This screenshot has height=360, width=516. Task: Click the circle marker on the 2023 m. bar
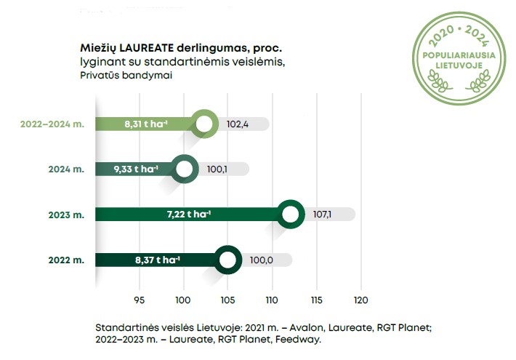[x=291, y=215]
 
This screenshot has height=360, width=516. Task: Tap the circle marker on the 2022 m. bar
[x=228, y=260]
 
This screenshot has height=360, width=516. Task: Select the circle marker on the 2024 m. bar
[x=185, y=169]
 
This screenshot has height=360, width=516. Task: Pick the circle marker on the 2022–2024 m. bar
[x=205, y=124]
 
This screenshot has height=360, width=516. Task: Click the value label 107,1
[x=322, y=215]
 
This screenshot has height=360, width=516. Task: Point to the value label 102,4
[x=238, y=124]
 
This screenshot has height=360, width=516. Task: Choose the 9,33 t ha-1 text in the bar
[x=136, y=169]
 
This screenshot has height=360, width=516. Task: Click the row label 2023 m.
[x=67, y=215]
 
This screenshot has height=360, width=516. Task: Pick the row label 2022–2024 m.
[x=52, y=124]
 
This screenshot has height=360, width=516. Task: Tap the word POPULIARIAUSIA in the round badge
[x=459, y=54]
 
